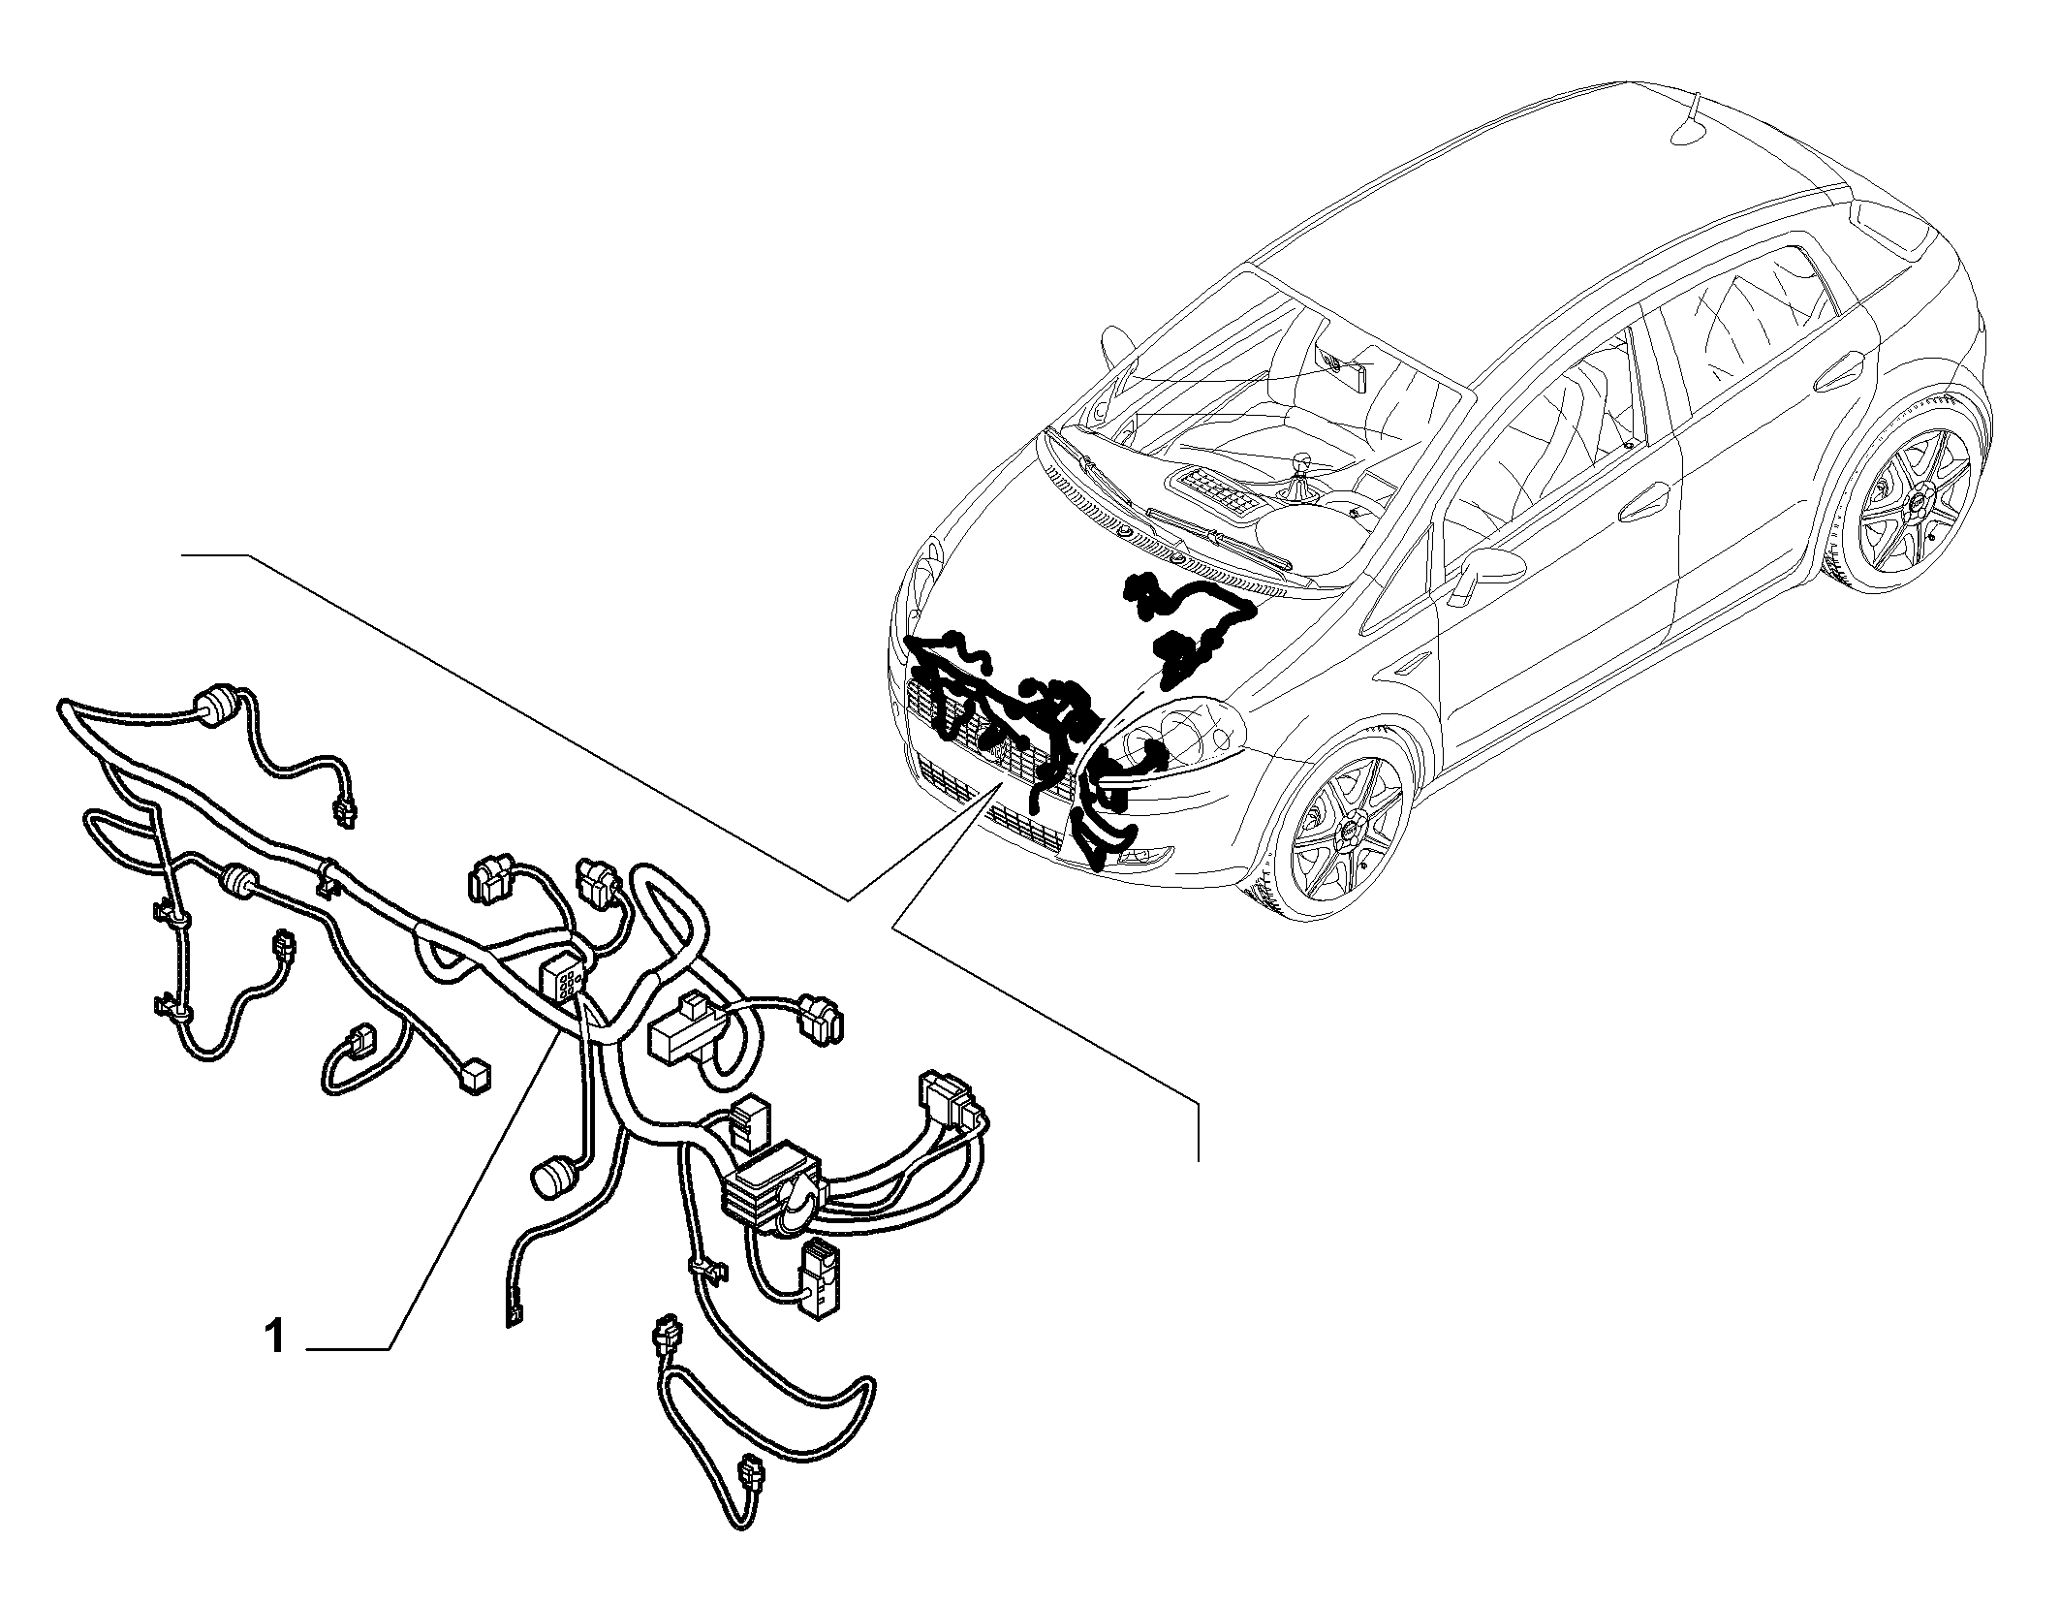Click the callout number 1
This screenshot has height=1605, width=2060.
[x=275, y=1337]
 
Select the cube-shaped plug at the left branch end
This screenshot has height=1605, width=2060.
[x=476, y=1077]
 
